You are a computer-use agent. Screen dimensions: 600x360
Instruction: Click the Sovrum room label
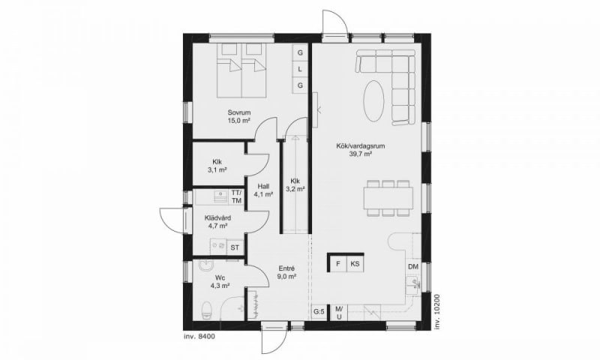coord(239,112)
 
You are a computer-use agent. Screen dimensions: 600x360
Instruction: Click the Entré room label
coord(287,268)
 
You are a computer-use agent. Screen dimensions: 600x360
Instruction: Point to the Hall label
coord(263,186)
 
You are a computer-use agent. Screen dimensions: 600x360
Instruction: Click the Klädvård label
coord(217,218)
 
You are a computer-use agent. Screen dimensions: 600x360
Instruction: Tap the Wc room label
coord(220,277)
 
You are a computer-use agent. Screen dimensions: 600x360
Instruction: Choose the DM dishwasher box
coord(413,267)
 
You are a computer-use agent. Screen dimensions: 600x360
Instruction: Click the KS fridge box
coord(355,263)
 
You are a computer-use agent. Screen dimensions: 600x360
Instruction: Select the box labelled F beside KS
coord(338,263)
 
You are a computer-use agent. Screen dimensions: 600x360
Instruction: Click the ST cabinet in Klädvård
coord(235,247)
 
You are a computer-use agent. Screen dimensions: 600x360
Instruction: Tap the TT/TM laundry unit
coord(236,196)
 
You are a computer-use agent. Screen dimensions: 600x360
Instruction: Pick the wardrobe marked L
coord(300,69)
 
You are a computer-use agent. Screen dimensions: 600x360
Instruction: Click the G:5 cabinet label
coord(319,312)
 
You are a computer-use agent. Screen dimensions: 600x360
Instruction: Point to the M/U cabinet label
coord(339,312)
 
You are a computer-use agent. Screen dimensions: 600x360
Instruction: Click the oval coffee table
coord(373,100)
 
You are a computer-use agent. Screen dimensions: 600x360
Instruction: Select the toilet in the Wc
coord(207,310)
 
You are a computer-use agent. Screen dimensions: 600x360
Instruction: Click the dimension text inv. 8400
coord(199,337)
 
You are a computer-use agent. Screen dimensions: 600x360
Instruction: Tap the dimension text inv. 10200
coord(438,311)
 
